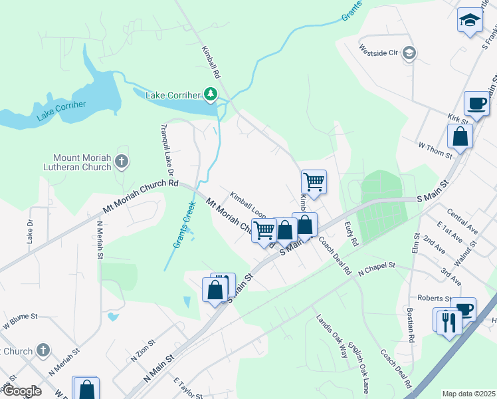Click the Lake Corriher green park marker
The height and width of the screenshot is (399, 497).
tap(211, 94)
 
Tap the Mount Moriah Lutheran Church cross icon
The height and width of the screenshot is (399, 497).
tap(121, 161)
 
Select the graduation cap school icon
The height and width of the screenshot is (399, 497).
tap(469, 20)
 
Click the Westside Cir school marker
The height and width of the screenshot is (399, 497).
tap(409, 53)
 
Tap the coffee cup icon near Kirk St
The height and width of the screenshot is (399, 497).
tap(476, 104)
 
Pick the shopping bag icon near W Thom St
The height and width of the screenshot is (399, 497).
tap(460, 137)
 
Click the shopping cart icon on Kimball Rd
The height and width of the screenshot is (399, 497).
tap(313, 181)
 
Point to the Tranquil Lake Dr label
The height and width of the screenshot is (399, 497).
tap(165, 144)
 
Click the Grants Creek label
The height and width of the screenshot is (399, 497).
tap(184, 225)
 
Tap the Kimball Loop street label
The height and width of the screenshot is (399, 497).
tap(248, 205)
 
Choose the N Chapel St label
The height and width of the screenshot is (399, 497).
tap(377, 269)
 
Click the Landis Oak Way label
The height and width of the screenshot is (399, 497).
tap(332, 336)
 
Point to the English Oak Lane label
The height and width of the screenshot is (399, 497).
tap(362, 365)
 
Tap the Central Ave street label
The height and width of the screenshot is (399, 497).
tap(463, 222)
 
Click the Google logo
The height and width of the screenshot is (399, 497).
tap(21, 391)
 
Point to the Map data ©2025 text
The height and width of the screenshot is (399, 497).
tap(468, 394)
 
